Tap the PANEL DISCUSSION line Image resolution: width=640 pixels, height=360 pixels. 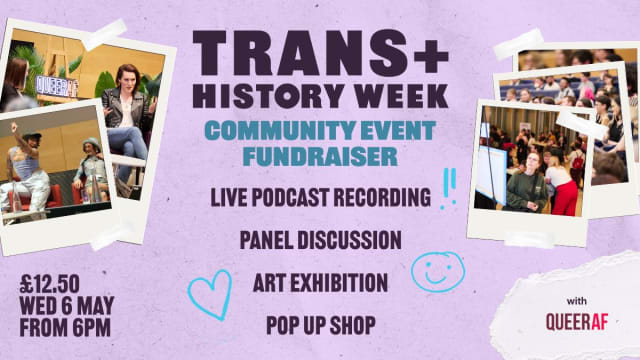pos(320,240)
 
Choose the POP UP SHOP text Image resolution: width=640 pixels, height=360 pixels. pos(320,324)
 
